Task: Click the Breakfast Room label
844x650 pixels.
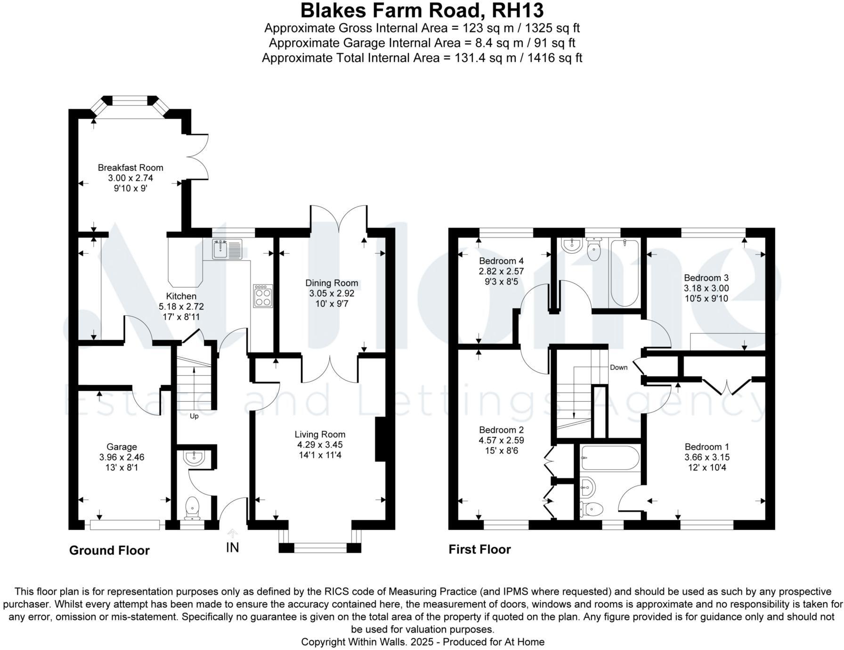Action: pos(130,168)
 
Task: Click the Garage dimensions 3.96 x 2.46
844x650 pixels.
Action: pos(122,457)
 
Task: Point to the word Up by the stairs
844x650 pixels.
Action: pos(194,416)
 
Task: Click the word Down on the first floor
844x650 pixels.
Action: pos(618,367)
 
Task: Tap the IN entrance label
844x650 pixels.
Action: pos(233,547)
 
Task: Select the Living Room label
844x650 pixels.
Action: pos(320,435)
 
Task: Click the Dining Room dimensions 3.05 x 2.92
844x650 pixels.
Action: pos(332,294)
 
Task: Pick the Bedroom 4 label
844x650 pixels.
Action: pos(501,261)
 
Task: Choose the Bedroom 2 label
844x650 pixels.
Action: pos(501,430)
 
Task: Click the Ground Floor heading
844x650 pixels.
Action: pos(109,551)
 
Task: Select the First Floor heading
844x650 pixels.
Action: pos(479,550)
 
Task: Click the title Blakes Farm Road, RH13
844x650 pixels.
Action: pos(422,10)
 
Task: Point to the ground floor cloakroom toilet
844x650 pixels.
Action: pos(193,508)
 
